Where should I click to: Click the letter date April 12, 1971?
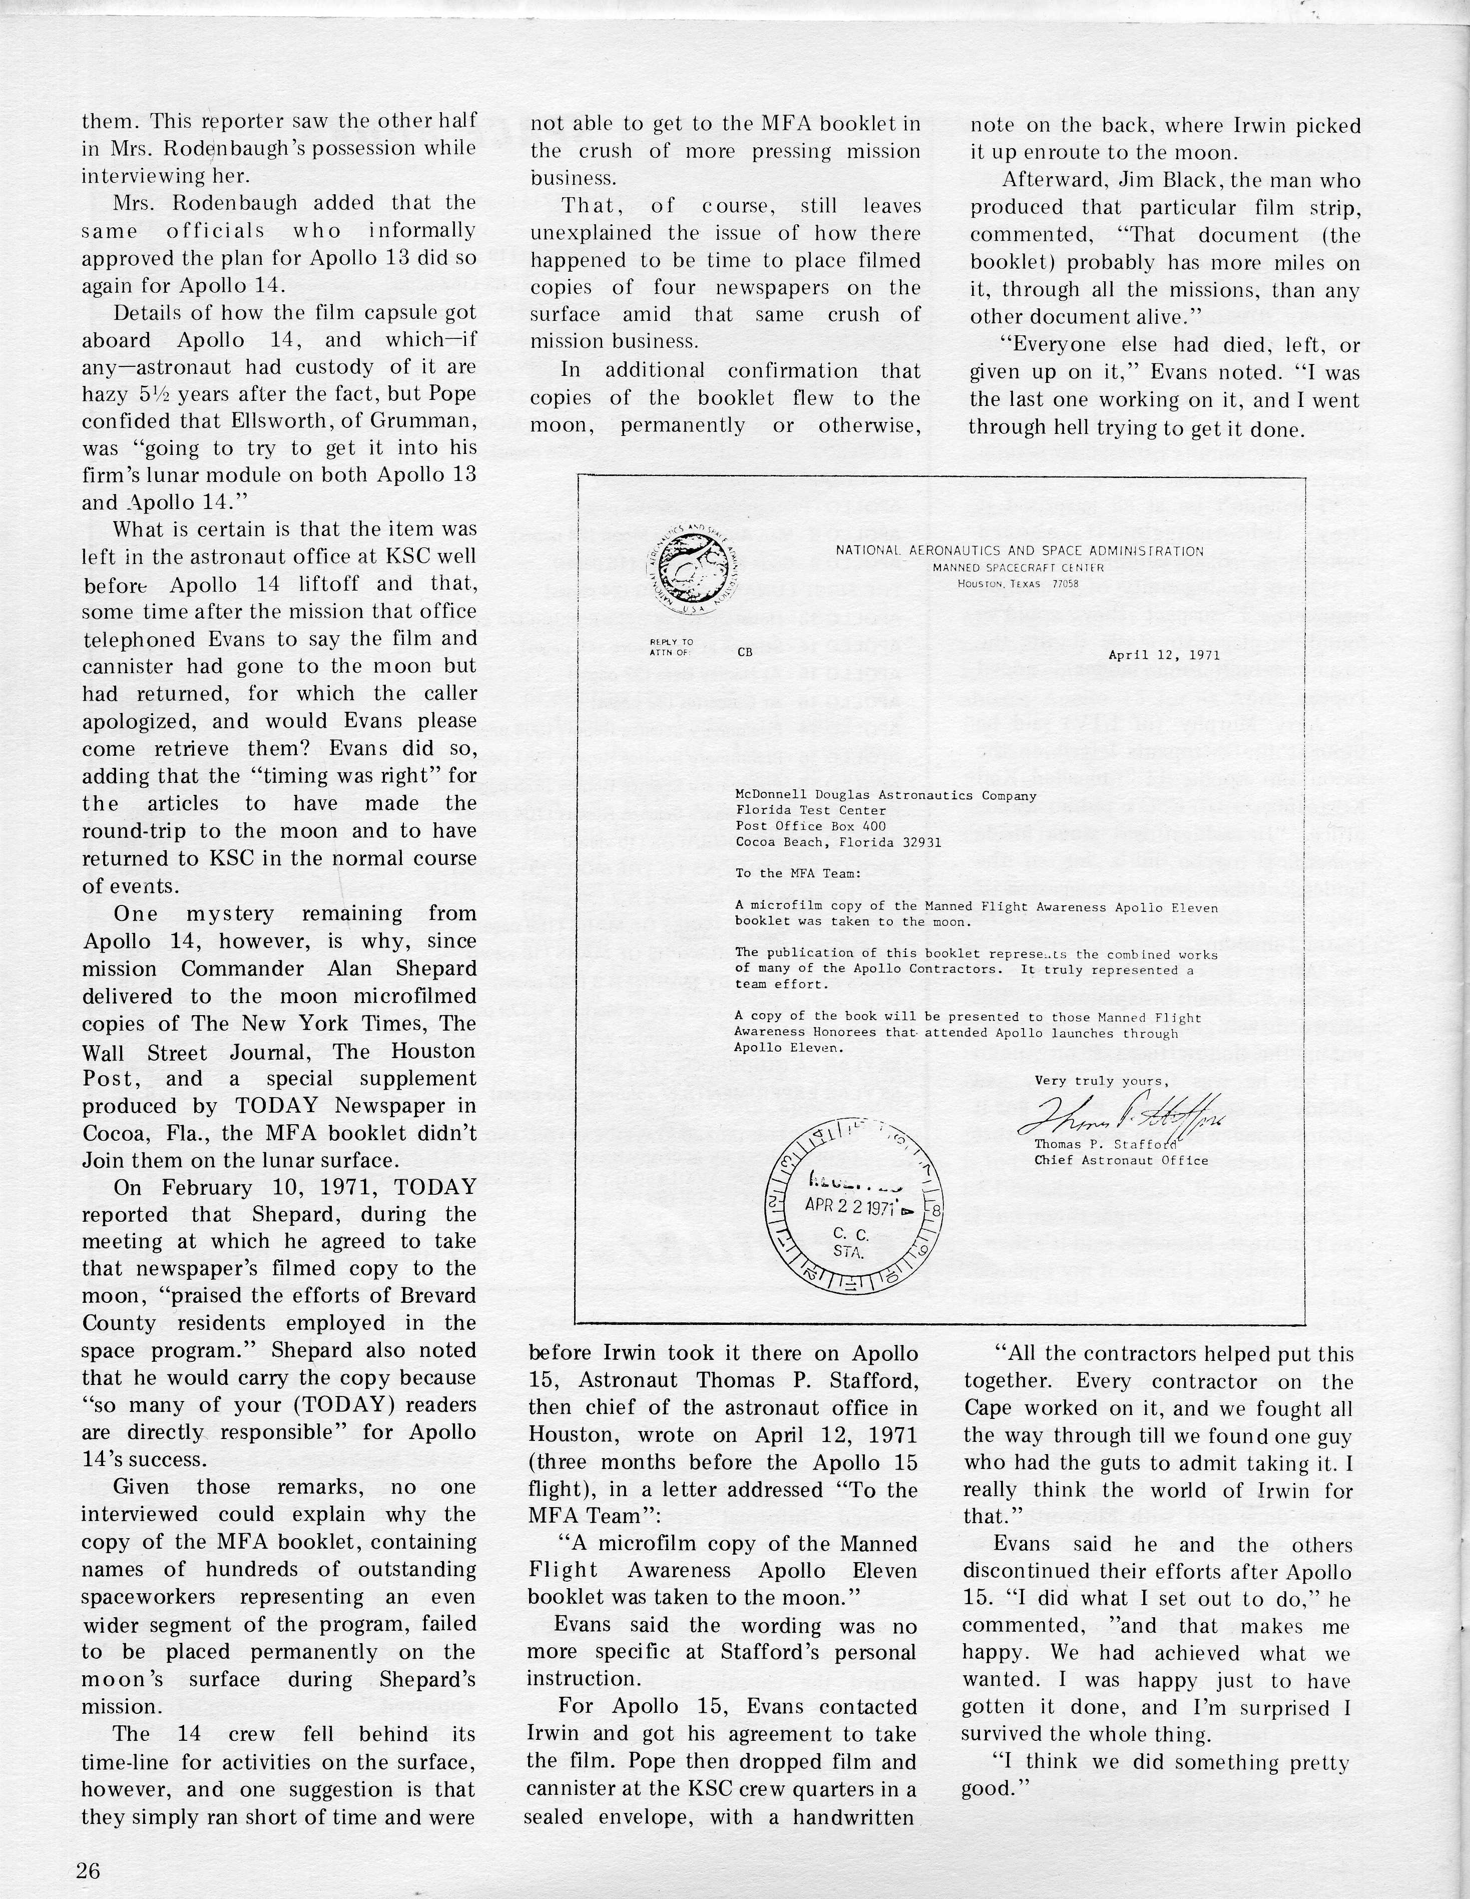(1152, 655)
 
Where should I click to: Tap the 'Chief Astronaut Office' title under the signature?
(1121, 1160)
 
